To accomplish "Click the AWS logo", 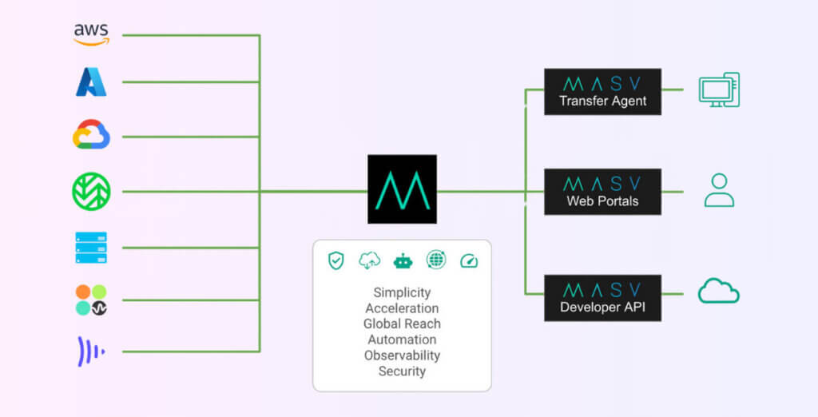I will pyautogui.click(x=91, y=34).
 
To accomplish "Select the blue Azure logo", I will pyautogui.click(x=91, y=81).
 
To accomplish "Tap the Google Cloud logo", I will pyautogui.click(x=91, y=135).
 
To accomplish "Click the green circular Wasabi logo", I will pyautogui.click(x=91, y=191).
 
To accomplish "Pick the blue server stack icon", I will pyautogui.click(x=91, y=248).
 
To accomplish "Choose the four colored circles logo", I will pyautogui.click(x=91, y=300).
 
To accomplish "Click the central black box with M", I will pyautogui.click(x=402, y=189).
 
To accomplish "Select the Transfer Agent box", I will pyautogui.click(x=602, y=92).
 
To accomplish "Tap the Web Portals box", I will pyautogui.click(x=602, y=192).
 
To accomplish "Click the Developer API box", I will pyautogui.click(x=602, y=298).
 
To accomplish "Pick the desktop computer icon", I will pyautogui.click(x=718, y=90).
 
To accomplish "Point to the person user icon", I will pyautogui.click(x=718, y=191).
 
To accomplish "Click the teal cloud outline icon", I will pyautogui.click(x=718, y=292).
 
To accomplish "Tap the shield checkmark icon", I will pyautogui.click(x=336, y=260).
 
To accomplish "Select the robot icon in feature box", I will pyautogui.click(x=403, y=260).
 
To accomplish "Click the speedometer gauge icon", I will pyautogui.click(x=468, y=260).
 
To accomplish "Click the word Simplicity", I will pyautogui.click(x=402, y=292).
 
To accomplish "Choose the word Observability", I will pyautogui.click(x=402, y=355).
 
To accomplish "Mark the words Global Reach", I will pyautogui.click(x=402, y=324).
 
